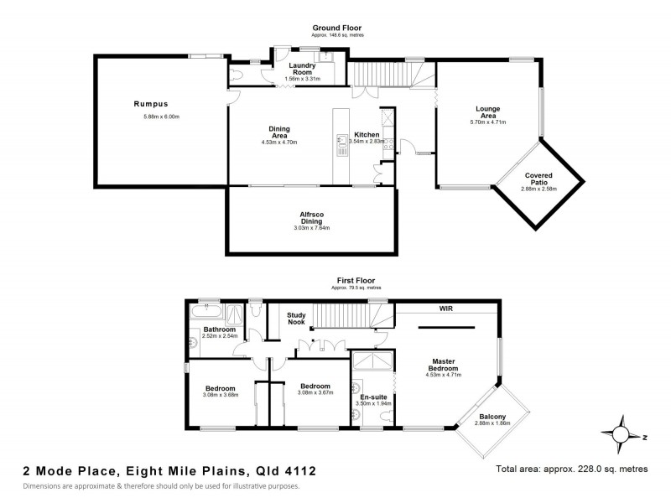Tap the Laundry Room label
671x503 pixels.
[301, 69]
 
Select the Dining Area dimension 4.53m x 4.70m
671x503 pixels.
[279, 143]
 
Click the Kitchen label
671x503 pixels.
[367, 134]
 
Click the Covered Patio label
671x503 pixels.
[538, 179]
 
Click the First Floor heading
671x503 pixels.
[351, 280]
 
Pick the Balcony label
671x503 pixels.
[492, 417]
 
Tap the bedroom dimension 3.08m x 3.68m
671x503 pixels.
[221, 396]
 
